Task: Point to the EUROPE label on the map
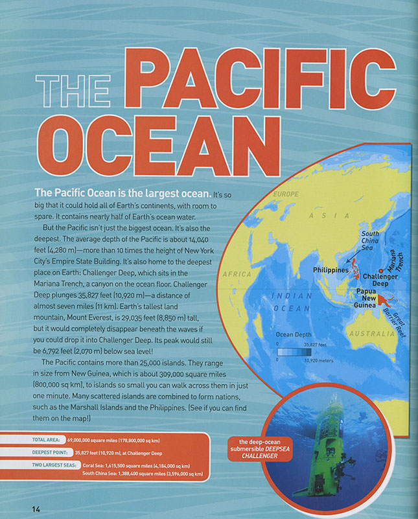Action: pos(286,194)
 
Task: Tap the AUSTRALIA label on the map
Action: pos(371,334)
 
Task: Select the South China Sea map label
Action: pos(370,242)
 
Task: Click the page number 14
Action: pos(36,509)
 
